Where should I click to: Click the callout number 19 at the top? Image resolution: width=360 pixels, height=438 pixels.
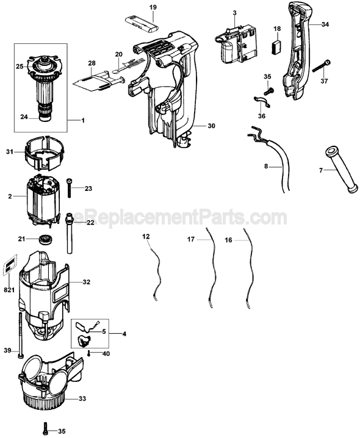[x=153, y=7]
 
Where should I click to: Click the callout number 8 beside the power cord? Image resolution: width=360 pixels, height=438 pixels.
[x=266, y=165]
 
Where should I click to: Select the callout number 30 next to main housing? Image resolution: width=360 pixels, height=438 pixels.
[x=211, y=126]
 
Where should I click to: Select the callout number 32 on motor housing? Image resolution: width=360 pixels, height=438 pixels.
[x=87, y=282]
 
